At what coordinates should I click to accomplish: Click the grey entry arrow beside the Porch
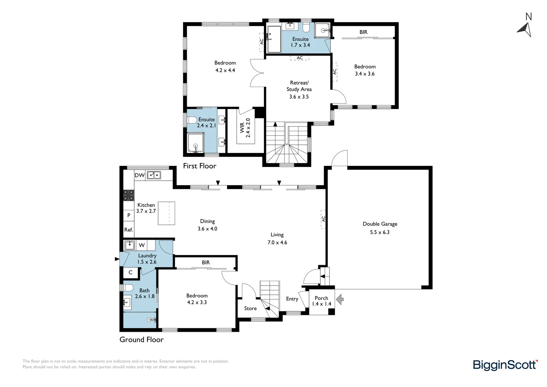coord(340,299)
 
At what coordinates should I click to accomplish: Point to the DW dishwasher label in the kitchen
coord(140,175)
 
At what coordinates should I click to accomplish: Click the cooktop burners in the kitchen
coord(129,195)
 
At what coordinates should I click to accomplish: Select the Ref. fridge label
coord(129,230)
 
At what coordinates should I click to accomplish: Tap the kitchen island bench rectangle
coord(166,213)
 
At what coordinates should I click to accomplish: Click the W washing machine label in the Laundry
coord(142,245)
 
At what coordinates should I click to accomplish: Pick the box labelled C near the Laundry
coord(130,272)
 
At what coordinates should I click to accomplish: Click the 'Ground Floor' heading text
coord(141,339)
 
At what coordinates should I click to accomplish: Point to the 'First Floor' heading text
coord(199,166)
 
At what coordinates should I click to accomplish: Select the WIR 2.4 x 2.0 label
coord(245,128)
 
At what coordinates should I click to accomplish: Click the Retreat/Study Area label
coord(299,90)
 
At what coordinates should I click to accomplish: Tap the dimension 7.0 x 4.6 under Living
coord(277,243)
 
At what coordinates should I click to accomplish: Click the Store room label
coord(250,308)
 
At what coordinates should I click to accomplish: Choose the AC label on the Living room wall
coord(324,219)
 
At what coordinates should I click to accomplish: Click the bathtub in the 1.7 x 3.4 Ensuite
coord(274,39)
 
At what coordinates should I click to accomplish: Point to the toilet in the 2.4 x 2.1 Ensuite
coord(192,120)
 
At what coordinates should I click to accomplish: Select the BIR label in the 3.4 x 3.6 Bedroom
coord(363,32)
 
